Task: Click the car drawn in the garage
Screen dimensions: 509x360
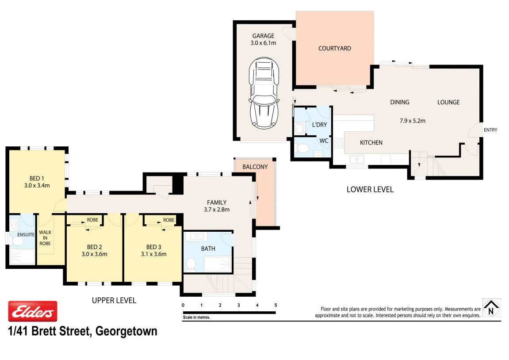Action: (x=264, y=93)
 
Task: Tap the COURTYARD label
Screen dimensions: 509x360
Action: (x=335, y=48)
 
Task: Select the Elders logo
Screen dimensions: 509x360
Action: (x=33, y=311)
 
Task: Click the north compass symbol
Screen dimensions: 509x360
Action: (x=491, y=308)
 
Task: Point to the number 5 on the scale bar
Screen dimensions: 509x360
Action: (x=276, y=305)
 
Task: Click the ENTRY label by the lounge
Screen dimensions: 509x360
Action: (x=490, y=130)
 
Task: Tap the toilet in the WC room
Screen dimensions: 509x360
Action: (x=302, y=148)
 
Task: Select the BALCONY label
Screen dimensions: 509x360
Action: (x=255, y=167)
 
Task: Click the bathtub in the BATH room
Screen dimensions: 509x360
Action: (x=218, y=264)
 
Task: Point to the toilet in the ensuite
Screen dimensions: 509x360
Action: (x=17, y=241)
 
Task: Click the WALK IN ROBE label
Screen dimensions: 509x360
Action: (x=45, y=238)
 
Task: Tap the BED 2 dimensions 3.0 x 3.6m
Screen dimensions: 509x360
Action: (x=95, y=254)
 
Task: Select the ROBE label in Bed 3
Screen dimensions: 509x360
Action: (x=169, y=220)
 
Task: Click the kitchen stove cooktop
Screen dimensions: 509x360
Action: (x=339, y=143)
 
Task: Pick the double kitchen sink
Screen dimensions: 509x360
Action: (x=356, y=159)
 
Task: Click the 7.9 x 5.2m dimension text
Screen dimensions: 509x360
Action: (x=413, y=121)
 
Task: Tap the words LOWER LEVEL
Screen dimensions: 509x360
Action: (x=370, y=190)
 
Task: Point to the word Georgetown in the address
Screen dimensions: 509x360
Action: (x=126, y=331)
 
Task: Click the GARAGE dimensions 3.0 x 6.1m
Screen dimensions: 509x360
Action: (x=263, y=43)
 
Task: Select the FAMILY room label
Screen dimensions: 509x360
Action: (x=217, y=203)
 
